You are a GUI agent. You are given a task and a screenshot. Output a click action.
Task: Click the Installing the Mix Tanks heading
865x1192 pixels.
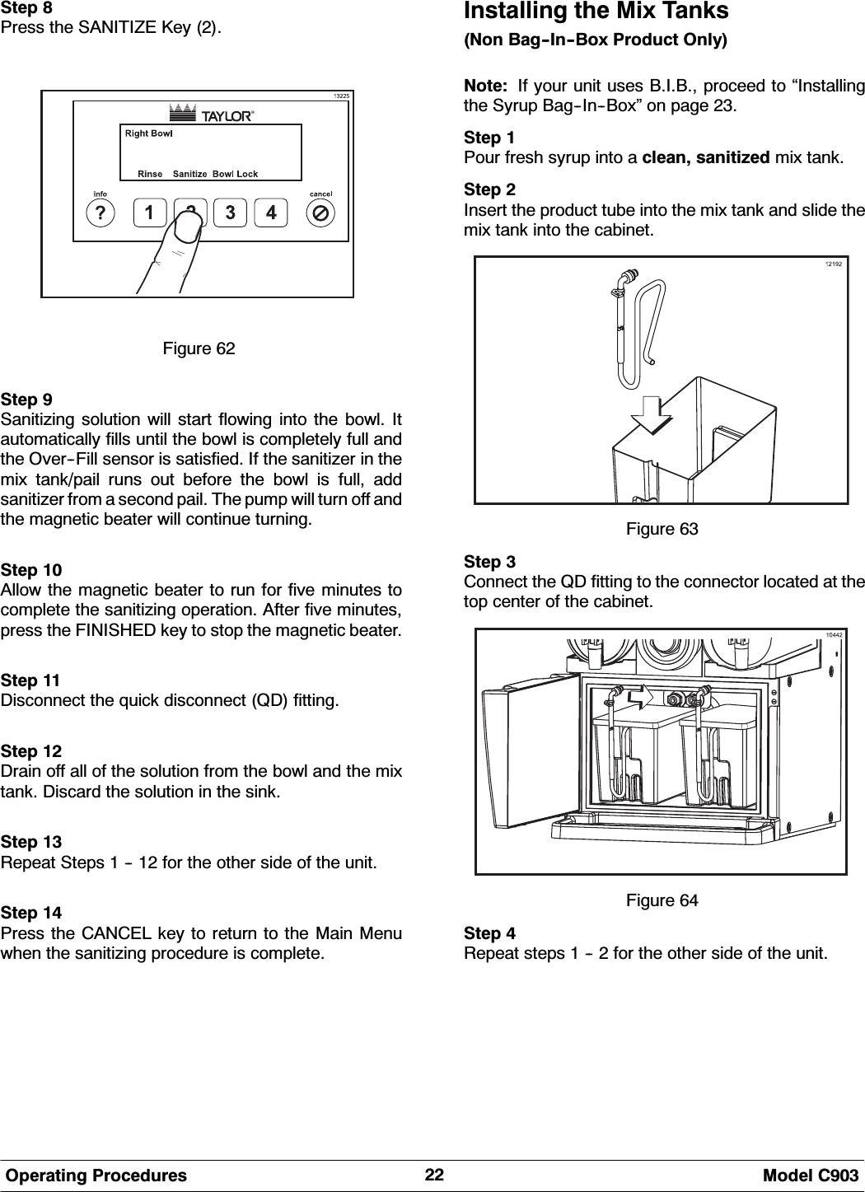tap(596, 12)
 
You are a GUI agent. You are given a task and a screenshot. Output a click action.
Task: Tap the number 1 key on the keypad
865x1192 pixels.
tap(149, 213)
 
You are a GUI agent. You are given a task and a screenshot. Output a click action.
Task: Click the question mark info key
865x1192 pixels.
tap(101, 213)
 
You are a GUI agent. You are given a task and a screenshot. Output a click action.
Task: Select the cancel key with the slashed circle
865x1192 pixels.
tap(320, 213)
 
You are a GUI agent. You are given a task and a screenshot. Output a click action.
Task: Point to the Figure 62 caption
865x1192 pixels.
tap(199, 349)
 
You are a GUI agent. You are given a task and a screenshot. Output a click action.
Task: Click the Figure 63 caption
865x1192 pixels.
tap(662, 529)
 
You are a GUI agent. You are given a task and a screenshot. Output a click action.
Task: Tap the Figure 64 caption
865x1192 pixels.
tap(662, 900)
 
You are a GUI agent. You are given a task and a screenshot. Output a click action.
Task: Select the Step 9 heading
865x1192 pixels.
tap(27, 400)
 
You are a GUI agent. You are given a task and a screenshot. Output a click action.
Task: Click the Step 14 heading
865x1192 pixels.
tap(30, 914)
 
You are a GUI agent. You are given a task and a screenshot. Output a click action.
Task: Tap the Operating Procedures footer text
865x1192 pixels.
tap(96, 1176)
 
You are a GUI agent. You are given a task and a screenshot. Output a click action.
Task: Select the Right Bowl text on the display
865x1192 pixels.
tap(148, 133)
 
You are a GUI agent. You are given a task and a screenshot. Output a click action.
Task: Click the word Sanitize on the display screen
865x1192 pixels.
tap(189, 174)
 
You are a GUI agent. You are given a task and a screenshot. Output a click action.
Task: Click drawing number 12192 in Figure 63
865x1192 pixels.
tap(835, 264)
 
